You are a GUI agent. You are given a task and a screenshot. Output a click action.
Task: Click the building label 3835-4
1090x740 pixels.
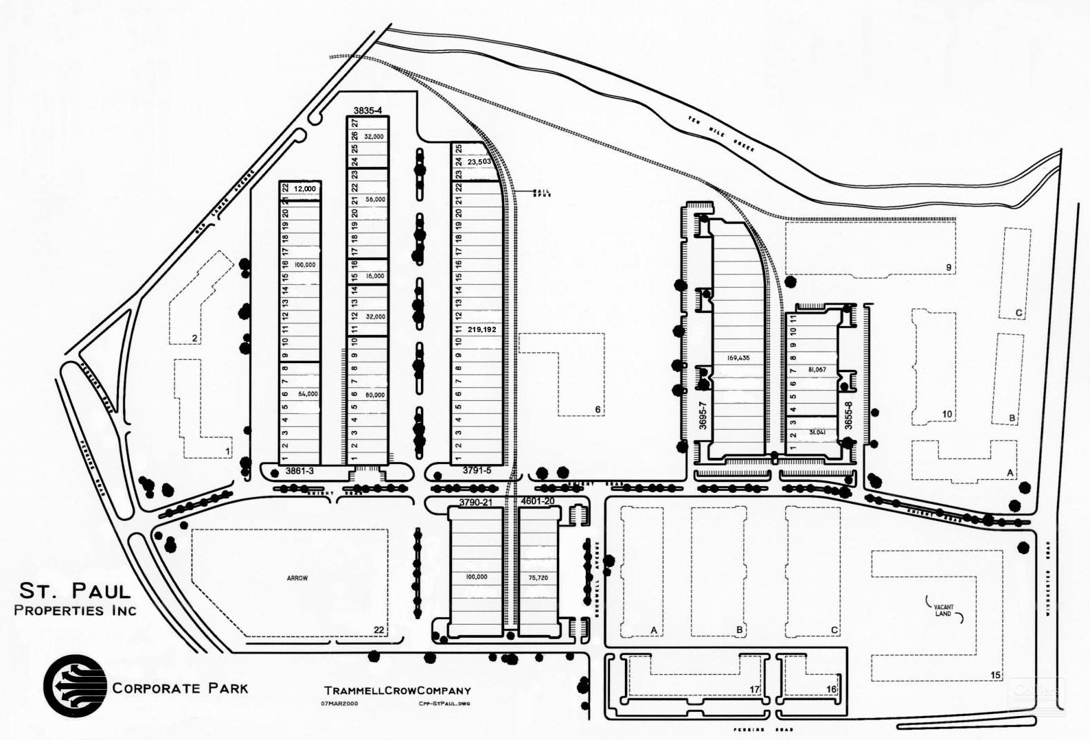pyautogui.click(x=367, y=111)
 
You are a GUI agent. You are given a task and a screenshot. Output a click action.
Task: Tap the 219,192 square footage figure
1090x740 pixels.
pyautogui.click(x=481, y=329)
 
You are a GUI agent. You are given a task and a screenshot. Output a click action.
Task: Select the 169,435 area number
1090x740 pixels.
pyautogui.click(x=738, y=358)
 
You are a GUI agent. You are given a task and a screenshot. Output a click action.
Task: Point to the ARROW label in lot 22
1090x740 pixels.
pyautogui.click(x=297, y=578)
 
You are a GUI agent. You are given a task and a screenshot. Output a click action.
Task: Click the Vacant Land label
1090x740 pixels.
pyautogui.click(x=944, y=610)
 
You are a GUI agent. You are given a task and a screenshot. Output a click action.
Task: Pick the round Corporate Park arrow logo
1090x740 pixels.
pyautogui.click(x=75, y=686)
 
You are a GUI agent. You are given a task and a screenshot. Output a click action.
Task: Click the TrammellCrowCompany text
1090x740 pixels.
pyautogui.click(x=398, y=691)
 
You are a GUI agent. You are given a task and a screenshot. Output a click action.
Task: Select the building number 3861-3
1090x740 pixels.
pyautogui.click(x=299, y=471)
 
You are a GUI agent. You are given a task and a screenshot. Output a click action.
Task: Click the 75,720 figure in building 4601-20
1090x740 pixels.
pyautogui.click(x=537, y=578)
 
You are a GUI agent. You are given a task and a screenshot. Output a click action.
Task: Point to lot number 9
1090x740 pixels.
pyautogui.click(x=949, y=267)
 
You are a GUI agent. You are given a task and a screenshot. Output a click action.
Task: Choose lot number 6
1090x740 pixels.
pyautogui.click(x=598, y=410)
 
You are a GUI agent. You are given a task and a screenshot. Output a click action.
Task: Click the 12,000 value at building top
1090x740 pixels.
pyautogui.click(x=304, y=189)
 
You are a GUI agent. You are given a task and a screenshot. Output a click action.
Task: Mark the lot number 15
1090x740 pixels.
pyautogui.click(x=995, y=675)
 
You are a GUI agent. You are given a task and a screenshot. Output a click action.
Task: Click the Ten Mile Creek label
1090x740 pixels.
pyautogui.click(x=721, y=135)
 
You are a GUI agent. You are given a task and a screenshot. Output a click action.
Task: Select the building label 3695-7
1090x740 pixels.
pyautogui.click(x=703, y=416)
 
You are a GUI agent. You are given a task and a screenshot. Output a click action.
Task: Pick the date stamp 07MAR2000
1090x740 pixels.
pyautogui.click(x=339, y=704)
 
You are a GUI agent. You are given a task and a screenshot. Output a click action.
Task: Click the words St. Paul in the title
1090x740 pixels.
pyautogui.click(x=74, y=590)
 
